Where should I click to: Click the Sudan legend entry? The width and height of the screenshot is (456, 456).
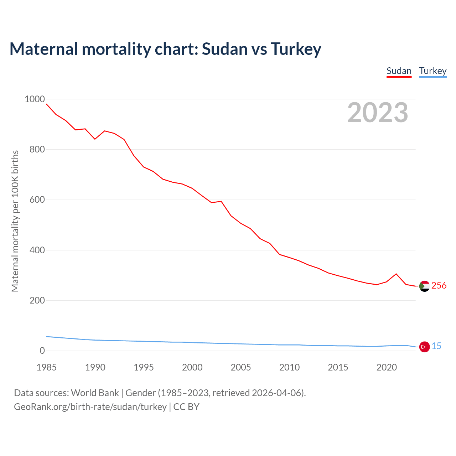click(399, 71)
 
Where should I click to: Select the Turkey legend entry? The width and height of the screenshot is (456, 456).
click(433, 71)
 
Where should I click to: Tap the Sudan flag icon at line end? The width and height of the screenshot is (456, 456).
click(424, 286)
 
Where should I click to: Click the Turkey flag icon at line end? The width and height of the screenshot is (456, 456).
click(424, 346)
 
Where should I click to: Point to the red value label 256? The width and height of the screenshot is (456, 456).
click(439, 285)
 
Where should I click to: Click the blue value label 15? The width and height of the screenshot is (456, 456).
click(436, 346)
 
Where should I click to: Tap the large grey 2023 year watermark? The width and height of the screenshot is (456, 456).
click(378, 113)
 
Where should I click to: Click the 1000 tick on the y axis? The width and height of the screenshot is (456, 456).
click(35, 99)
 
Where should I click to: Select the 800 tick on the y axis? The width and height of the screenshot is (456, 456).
click(37, 149)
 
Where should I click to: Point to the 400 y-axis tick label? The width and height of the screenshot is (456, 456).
click(37, 250)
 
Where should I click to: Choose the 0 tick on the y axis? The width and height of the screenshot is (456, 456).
click(42, 351)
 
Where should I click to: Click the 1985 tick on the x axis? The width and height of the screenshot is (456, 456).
click(47, 367)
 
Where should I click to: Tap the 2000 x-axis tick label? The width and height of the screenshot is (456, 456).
click(192, 367)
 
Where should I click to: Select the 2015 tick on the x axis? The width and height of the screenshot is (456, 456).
click(338, 367)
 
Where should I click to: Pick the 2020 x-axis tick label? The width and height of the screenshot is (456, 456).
click(387, 367)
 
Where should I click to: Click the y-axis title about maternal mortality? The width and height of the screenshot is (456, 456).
click(15, 221)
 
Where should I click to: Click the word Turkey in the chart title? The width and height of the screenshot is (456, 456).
click(296, 49)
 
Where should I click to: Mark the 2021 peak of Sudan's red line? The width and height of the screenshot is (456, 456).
click(396, 274)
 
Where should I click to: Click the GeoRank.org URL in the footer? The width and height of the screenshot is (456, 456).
click(90, 406)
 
